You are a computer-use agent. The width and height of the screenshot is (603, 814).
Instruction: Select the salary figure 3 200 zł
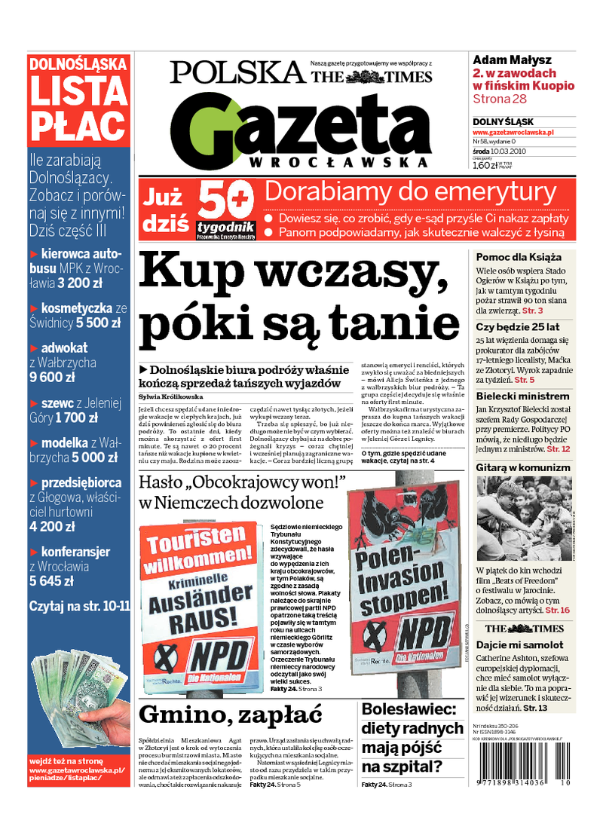pyautogui.click(x=82, y=284)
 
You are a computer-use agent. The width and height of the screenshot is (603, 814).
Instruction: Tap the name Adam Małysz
pyautogui.click(x=512, y=60)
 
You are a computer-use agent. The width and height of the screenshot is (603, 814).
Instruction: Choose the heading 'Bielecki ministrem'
pyautogui.click(x=522, y=396)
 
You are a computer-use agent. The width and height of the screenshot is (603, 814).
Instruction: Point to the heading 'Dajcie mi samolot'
pyautogui.click(x=519, y=645)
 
